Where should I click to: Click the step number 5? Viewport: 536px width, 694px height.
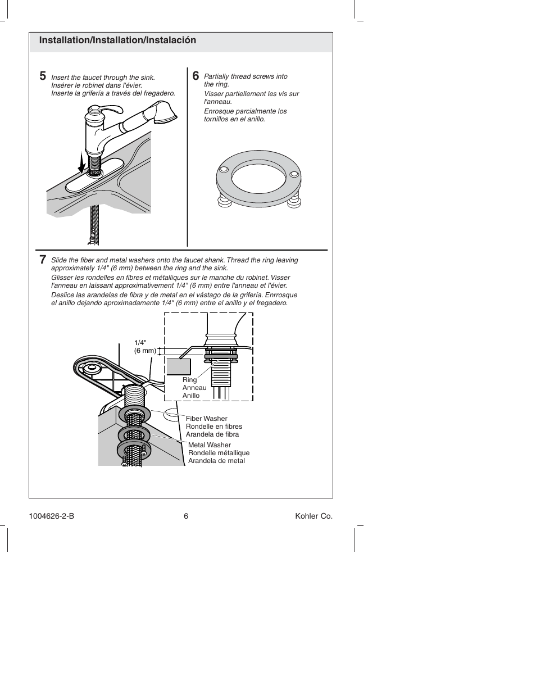coord(43,76)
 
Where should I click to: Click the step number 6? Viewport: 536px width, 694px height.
coord(195,76)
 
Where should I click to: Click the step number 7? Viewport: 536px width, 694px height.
coord(43,260)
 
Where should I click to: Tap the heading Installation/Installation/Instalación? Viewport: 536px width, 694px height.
coord(117,40)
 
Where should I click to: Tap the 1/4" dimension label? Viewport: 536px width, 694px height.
coord(140,342)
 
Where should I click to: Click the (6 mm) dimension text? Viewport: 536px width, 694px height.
coord(144,351)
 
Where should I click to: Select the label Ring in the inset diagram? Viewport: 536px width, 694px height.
coord(189,380)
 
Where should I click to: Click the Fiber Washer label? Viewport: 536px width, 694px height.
coord(206,419)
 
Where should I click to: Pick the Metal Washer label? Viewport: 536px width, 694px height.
coord(209,445)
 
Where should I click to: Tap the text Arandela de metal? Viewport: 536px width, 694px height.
coord(216,461)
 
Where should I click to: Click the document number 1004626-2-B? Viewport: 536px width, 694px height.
coord(51,516)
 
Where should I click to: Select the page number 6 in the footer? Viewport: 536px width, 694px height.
coord(185,516)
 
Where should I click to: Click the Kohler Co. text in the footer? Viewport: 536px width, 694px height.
coord(314,516)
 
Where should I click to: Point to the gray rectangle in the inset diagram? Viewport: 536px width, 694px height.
coord(179,366)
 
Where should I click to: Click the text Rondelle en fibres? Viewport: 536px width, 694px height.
coord(214,427)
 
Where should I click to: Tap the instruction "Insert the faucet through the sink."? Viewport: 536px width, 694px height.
coord(103,78)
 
